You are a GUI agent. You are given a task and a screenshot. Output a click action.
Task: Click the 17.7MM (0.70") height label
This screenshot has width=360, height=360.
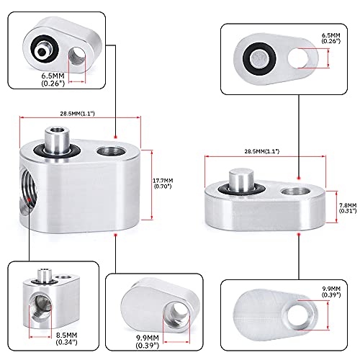click(163, 184)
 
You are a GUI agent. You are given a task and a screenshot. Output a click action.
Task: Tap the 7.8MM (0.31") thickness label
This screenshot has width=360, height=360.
click(348, 208)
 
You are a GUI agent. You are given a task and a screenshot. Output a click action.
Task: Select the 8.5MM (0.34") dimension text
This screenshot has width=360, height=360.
click(66, 338)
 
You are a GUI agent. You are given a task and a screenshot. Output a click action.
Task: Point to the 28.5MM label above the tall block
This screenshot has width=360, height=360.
click(77, 113)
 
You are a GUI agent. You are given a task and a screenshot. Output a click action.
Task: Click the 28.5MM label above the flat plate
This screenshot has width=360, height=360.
click(262, 151)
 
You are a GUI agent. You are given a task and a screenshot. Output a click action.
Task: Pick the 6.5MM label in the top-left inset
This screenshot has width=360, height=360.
click(53, 79)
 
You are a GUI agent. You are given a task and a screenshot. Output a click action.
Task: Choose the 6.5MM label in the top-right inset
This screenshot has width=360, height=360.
click(331, 38)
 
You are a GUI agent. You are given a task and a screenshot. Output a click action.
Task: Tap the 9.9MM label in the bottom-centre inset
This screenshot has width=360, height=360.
click(148, 341)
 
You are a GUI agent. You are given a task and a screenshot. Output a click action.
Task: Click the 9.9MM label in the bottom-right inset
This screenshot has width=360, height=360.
click(331, 292)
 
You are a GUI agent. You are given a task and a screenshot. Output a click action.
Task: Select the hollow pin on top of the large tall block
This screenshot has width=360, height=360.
click(57, 140)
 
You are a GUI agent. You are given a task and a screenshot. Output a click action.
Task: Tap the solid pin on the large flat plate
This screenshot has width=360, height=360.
click(241, 180)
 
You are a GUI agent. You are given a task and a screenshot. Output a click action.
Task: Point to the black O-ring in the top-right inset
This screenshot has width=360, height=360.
click(259, 59)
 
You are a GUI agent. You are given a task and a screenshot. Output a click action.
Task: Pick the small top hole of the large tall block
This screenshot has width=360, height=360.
click(111, 151)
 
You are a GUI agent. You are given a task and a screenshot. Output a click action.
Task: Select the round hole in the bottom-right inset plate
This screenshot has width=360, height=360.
click(298, 315)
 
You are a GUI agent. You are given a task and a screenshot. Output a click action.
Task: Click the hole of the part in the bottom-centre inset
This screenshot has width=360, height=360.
click(176, 315)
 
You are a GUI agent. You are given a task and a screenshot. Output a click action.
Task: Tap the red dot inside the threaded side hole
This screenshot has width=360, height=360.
click(29, 199)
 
